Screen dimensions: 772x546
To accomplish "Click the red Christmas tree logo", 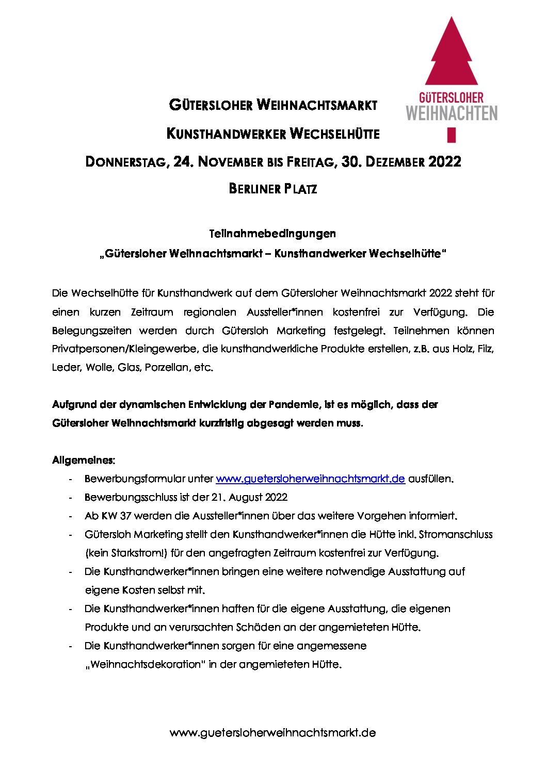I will [x=452, y=57].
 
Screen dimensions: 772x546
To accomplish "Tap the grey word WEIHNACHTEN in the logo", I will [x=452, y=112].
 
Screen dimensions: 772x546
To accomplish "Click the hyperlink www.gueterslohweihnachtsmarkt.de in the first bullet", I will [x=310, y=479].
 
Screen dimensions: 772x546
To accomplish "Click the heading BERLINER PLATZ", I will [x=272, y=189].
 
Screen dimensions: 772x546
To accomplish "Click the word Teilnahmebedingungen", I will [x=272, y=234].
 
